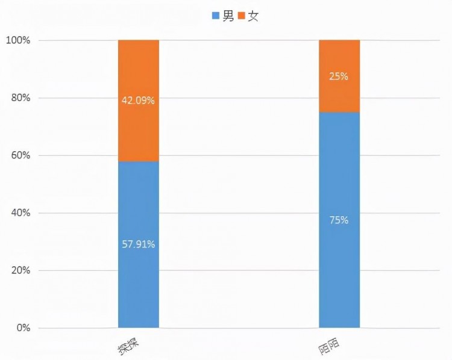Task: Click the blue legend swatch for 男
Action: click(x=216, y=17)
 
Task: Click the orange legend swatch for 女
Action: click(x=242, y=17)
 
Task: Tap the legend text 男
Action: click(x=228, y=17)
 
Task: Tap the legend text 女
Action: click(x=254, y=17)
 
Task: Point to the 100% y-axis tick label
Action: click(x=17, y=40)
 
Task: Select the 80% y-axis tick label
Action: click(x=20, y=98)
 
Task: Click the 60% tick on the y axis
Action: click(x=20, y=155)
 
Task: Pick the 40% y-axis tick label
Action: click(x=20, y=213)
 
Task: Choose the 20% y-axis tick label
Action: click(x=20, y=270)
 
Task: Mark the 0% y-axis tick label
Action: click(x=22, y=328)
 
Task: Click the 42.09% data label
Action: click(x=138, y=101)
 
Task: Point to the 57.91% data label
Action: click(x=138, y=244)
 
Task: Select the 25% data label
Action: click(x=339, y=76)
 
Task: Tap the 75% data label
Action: click(x=339, y=220)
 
